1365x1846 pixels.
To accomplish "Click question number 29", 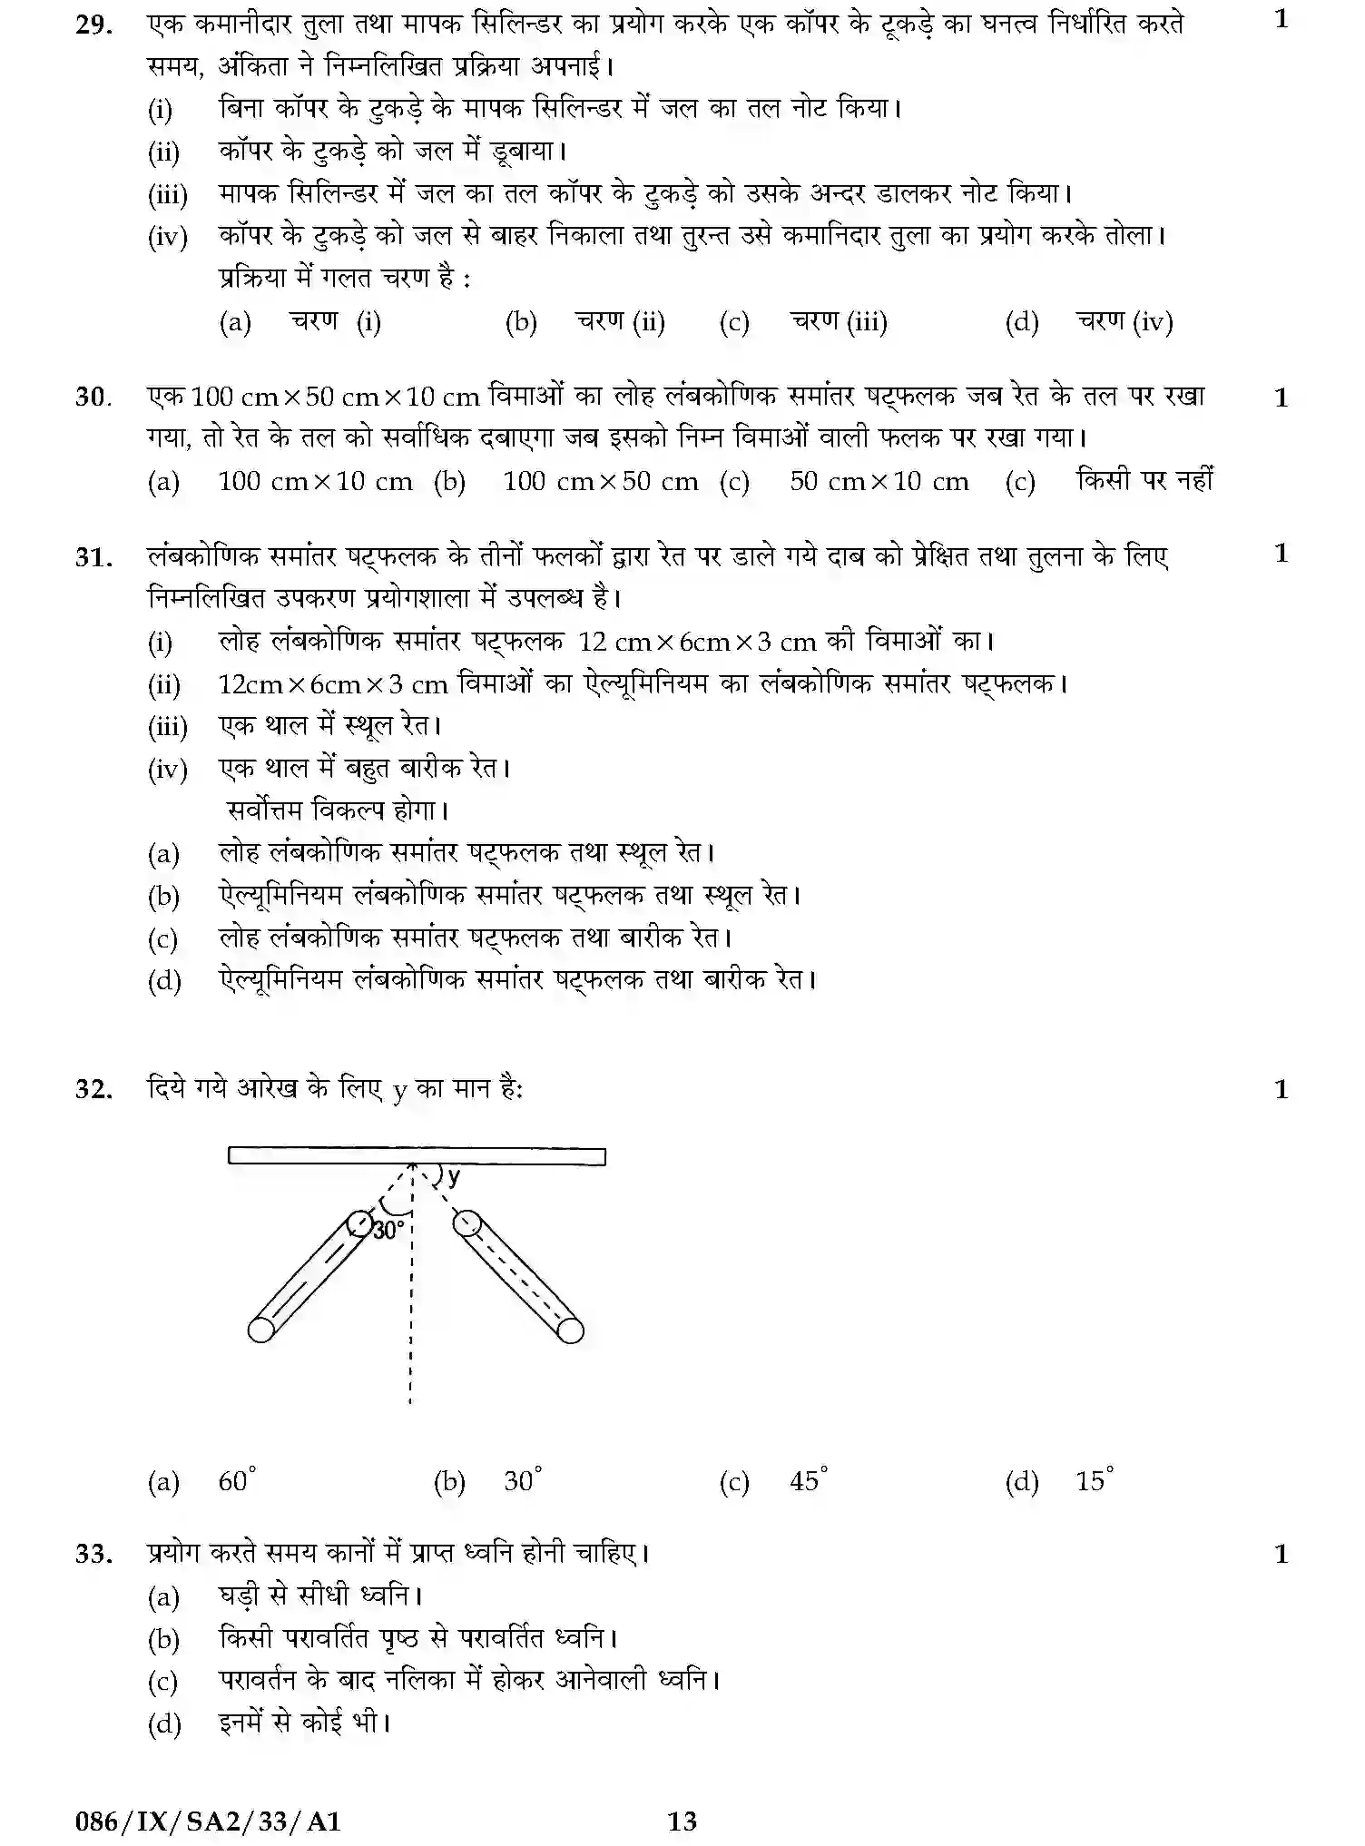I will click(x=93, y=25).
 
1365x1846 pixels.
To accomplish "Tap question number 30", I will click(x=93, y=398).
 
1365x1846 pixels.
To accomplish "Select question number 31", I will click(x=93, y=556).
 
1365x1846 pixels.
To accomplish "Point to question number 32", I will click(x=93, y=1089).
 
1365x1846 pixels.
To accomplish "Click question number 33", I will click(x=93, y=1554).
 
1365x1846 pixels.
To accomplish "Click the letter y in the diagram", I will click(x=453, y=1178).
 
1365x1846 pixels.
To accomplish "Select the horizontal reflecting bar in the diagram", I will click(x=417, y=1156).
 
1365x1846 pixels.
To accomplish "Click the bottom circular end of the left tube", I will click(x=261, y=1330).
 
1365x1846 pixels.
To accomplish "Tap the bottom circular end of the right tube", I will click(x=570, y=1330).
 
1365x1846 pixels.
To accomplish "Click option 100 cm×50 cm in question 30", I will click(x=601, y=482).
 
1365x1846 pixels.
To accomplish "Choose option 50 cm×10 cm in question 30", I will click(x=879, y=482).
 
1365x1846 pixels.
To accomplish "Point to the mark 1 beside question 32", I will click(x=1282, y=1089).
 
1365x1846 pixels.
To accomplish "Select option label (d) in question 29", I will click(x=1022, y=322).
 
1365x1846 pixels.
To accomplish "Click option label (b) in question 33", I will click(x=164, y=1640).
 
